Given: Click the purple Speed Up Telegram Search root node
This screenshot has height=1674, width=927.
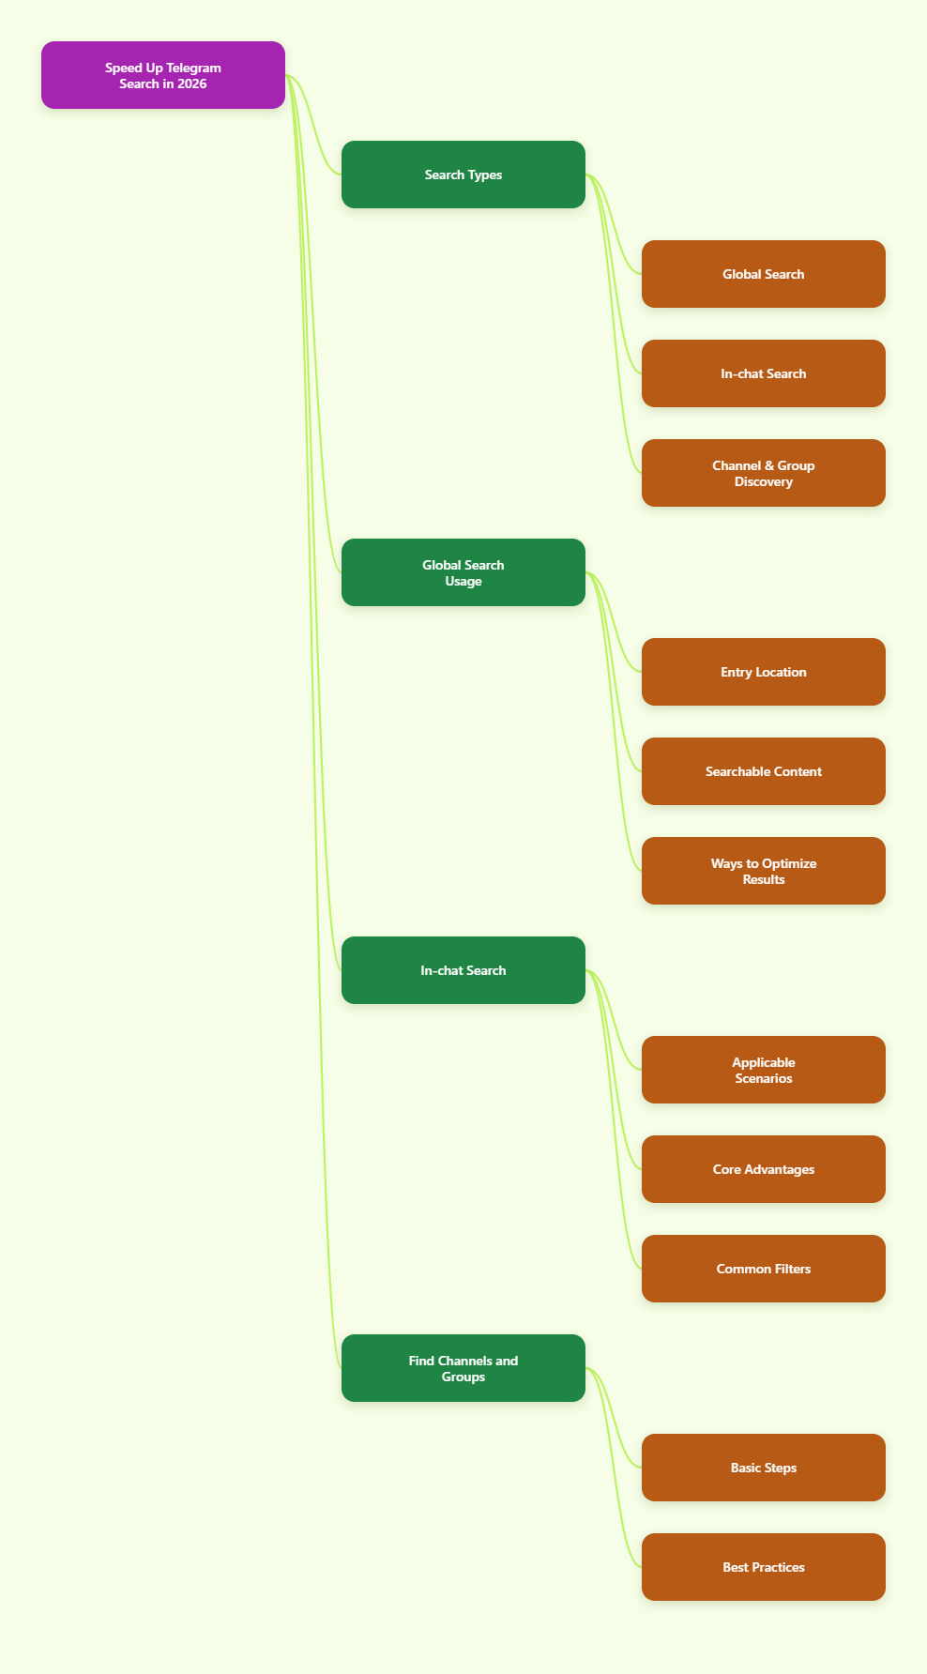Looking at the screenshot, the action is pyautogui.click(x=163, y=75).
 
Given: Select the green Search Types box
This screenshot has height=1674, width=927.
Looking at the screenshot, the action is pyautogui.click(x=463, y=175).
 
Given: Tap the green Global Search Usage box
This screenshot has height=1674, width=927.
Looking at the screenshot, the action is pyautogui.click(x=463, y=572).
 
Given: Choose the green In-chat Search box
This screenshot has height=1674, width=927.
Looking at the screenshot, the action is pyautogui.click(x=463, y=970).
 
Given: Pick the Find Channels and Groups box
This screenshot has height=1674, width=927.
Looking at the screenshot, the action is pyautogui.click(x=463, y=1368).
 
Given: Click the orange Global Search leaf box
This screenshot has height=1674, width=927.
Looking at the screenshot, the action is pyautogui.click(x=764, y=274).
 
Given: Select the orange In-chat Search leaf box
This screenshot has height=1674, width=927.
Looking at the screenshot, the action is pyautogui.click(x=764, y=373).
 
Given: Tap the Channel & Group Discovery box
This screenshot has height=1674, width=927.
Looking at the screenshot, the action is pyautogui.click(x=764, y=473).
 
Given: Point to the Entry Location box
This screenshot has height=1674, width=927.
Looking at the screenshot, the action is pyautogui.click(x=764, y=672).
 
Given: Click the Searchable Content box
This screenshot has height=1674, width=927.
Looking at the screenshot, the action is pyautogui.click(x=764, y=771).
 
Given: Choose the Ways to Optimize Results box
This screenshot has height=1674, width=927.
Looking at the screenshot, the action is pyautogui.click(x=764, y=871).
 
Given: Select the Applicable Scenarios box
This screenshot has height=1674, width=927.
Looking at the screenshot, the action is pyautogui.click(x=764, y=1070).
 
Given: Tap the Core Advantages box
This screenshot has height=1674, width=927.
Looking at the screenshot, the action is pyautogui.click(x=764, y=1169).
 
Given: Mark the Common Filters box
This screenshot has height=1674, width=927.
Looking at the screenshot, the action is pyautogui.click(x=764, y=1269).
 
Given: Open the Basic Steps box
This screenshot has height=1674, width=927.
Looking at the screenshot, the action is pyautogui.click(x=764, y=1468).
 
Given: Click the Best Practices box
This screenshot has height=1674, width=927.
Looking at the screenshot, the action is pyautogui.click(x=764, y=1567).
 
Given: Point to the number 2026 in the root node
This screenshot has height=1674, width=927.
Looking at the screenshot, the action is pyautogui.click(x=191, y=84).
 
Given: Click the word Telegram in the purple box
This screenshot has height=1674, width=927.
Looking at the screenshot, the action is pyautogui.click(x=194, y=68).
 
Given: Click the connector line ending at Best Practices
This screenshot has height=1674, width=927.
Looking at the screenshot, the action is pyautogui.click(x=614, y=1468).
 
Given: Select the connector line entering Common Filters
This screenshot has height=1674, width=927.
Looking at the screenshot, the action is pyautogui.click(x=614, y=1119).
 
